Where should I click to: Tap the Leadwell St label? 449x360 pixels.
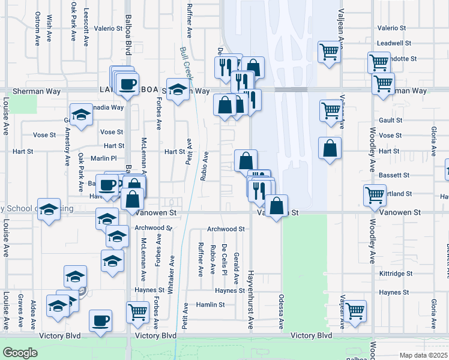click(x=394, y=43)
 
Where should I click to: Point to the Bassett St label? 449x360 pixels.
click(x=394, y=175)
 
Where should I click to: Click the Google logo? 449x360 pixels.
click(x=20, y=353)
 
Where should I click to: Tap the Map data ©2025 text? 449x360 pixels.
click(x=423, y=355)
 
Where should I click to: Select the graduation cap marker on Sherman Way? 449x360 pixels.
click(x=178, y=89)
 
